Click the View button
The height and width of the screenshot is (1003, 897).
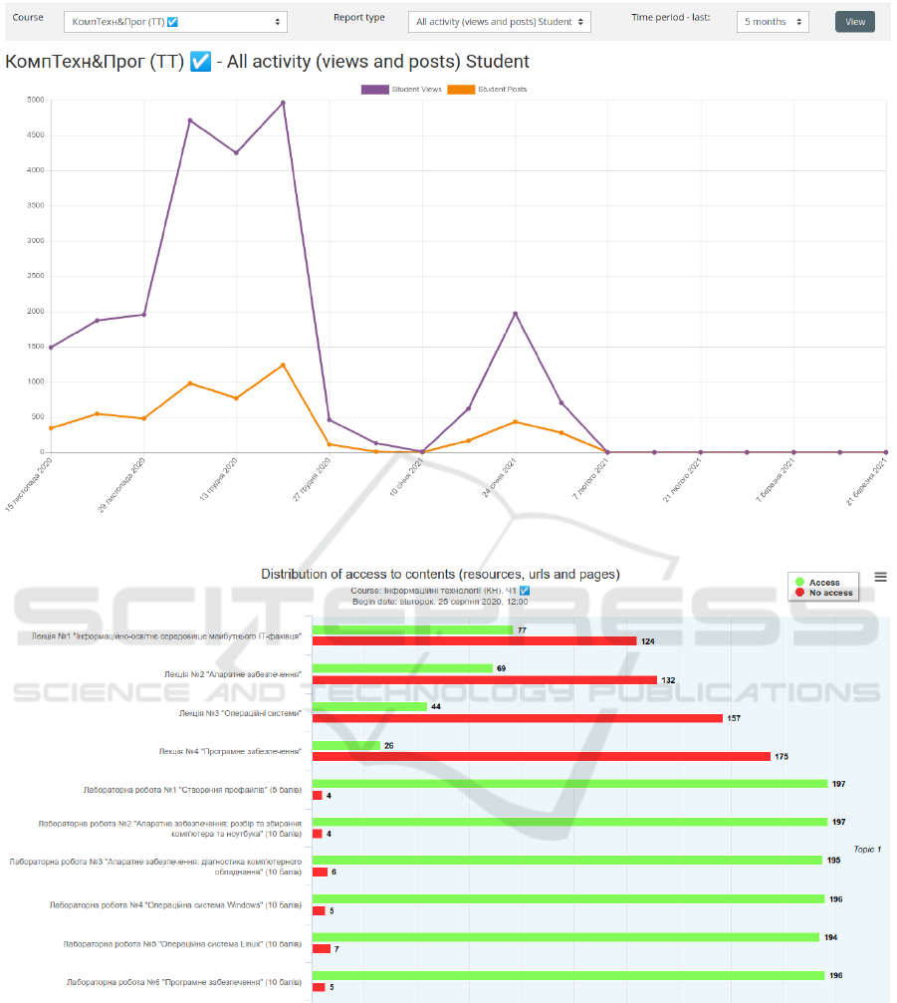coord(854,22)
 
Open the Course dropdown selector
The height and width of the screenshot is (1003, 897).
coord(175,22)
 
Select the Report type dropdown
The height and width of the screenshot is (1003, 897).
coord(499,22)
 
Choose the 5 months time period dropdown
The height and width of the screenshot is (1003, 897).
coord(773,22)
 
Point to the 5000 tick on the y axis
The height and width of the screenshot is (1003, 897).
coord(35,100)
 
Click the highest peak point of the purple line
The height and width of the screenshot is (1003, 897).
coord(283,103)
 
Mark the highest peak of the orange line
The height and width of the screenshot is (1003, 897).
coord(283,365)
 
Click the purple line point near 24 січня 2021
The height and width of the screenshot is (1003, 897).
coord(515,314)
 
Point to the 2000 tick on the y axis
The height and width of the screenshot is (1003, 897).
coord(35,311)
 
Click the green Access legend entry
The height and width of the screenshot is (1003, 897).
coord(822,583)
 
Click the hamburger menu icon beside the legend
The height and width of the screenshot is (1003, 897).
coord(880,577)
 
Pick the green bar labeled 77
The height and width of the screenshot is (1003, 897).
coord(412,630)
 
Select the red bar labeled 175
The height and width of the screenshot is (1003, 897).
coord(541,756)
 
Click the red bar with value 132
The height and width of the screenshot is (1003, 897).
coord(484,680)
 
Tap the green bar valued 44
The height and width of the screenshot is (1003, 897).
coord(369,706)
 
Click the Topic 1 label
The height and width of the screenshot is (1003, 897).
coord(867,849)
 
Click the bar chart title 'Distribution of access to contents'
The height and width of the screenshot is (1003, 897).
coord(440,574)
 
